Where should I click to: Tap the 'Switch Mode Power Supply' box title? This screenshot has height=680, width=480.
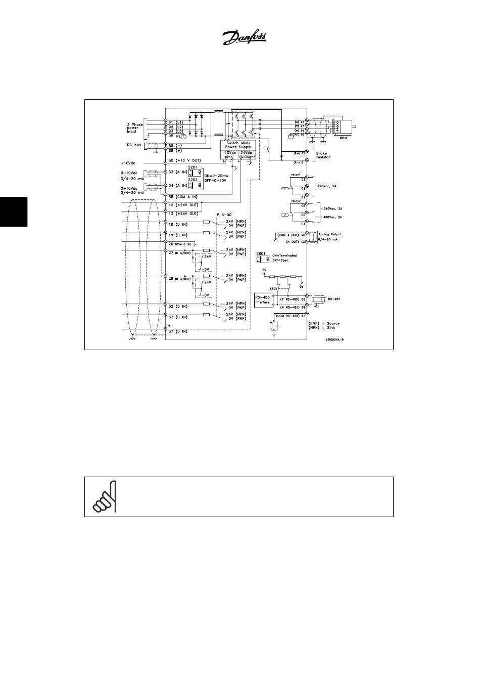coord(239,145)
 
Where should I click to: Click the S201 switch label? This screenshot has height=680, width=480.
coord(193,166)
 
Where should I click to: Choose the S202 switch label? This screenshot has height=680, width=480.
coord(193,179)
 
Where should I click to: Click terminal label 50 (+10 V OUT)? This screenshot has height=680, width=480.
coord(185,160)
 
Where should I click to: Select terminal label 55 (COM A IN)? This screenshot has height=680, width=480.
coord(183,196)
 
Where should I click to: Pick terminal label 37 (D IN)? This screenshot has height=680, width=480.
coord(178,331)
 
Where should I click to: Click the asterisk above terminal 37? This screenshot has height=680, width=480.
coord(169,325)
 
